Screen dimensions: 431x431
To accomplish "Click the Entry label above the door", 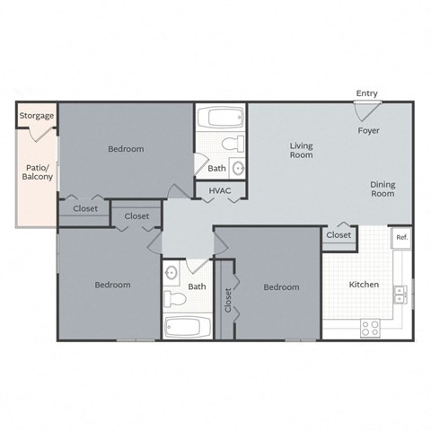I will (366, 93).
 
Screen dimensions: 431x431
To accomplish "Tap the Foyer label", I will (368, 130).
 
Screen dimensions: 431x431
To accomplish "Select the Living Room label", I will (301, 149).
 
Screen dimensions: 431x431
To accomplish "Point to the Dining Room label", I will (383, 189).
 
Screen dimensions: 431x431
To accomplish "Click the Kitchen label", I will (365, 285).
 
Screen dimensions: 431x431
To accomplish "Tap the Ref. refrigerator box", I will (401, 238).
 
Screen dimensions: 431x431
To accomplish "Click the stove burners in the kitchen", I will (370, 328).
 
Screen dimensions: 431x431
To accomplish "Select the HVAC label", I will (220, 191).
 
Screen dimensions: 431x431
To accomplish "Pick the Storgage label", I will (37, 116).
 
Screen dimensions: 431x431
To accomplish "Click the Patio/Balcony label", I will (37, 172).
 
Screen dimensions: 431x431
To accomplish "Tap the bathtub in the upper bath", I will (220, 119).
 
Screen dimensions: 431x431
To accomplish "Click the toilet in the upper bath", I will (231, 144).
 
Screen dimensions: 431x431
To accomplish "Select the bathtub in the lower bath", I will (187, 326).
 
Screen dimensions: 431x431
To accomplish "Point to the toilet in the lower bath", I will (174, 297).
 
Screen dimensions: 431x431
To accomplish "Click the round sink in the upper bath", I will (238, 167).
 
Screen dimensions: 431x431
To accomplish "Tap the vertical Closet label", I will (228, 300).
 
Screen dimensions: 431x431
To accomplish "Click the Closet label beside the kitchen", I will (339, 235).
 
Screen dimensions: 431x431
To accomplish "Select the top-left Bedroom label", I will (126, 149).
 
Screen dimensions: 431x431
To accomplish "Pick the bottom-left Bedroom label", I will (113, 285).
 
